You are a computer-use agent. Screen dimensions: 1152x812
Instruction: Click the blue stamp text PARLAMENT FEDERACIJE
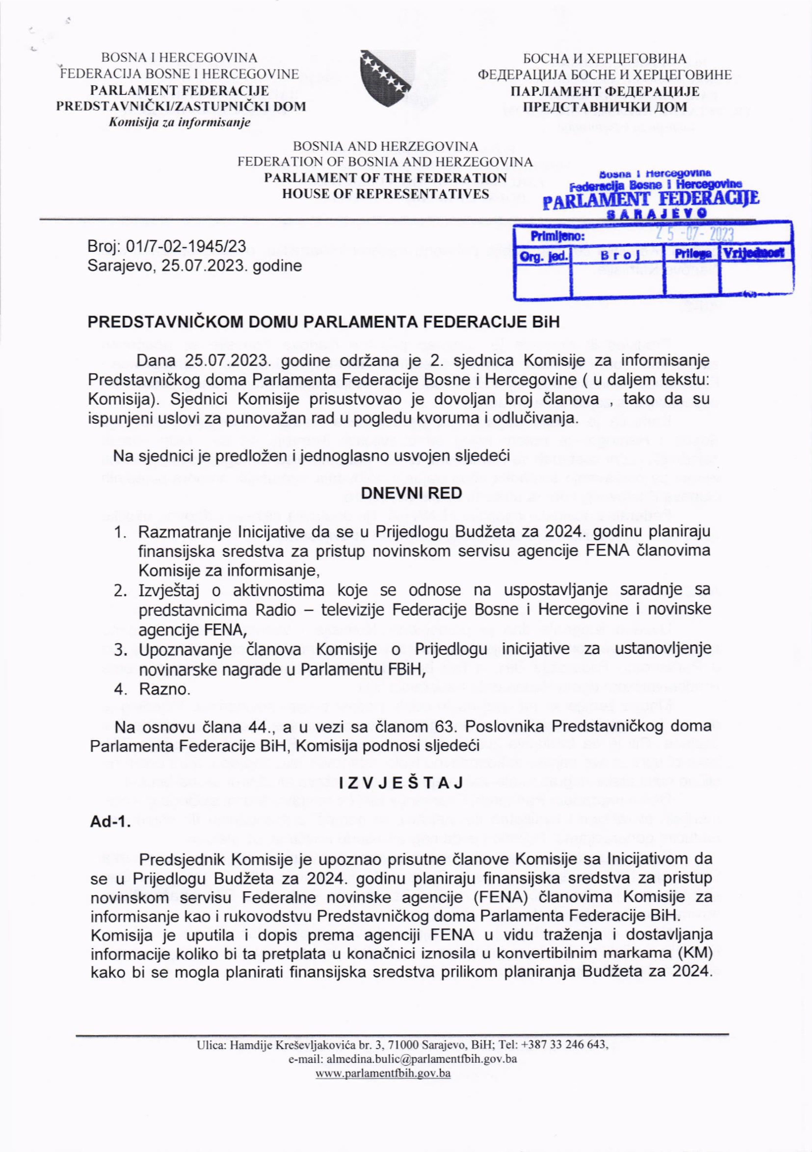tap(651, 200)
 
